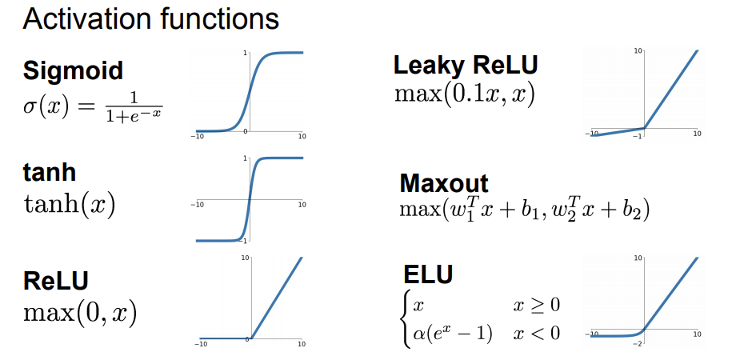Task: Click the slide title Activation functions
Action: coord(151,18)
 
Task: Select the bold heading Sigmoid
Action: coord(73,70)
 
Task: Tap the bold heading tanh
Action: coord(49,173)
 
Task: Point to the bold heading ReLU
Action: coord(56,281)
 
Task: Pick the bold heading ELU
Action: coord(428,274)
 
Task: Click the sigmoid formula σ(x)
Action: coord(92,106)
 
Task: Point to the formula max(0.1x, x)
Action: coord(465,94)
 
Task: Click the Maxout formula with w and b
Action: coord(524,210)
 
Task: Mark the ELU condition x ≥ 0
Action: coord(536,306)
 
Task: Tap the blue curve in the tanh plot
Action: coord(250,200)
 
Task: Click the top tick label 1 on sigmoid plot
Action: coord(245,53)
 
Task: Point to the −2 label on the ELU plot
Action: coord(638,342)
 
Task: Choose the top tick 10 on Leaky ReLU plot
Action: coord(638,50)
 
